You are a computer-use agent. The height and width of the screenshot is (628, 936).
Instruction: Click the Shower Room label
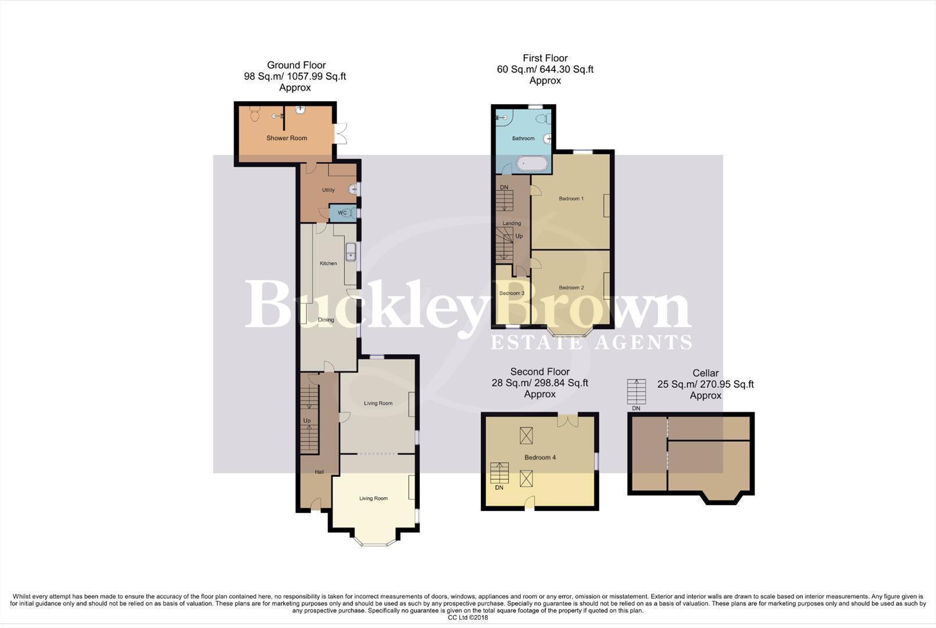287,138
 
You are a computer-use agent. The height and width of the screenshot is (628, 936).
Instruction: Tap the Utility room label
328,190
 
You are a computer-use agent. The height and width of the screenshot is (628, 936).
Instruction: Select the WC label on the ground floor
342,213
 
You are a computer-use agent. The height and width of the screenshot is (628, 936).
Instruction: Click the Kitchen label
328,263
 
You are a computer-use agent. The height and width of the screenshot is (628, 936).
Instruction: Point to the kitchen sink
351,252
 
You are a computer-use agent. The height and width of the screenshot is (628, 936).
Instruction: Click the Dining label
326,320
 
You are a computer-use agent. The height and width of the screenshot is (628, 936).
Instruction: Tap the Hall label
319,472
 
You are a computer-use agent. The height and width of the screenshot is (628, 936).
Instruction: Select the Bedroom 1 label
571,199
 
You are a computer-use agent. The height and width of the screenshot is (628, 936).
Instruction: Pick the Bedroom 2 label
571,288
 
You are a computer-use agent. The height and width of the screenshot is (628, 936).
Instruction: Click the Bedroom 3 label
512,294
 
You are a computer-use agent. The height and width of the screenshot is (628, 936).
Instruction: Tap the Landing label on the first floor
512,223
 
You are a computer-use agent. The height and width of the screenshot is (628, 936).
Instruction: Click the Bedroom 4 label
540,458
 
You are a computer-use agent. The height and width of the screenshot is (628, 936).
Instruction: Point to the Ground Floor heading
296,65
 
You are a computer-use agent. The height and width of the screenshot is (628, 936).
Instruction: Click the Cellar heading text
705,373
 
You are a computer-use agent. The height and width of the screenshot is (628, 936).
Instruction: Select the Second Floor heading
540,372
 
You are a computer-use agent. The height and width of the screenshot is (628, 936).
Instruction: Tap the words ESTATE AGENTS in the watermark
591,342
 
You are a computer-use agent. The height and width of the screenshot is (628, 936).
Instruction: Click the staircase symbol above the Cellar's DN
637,391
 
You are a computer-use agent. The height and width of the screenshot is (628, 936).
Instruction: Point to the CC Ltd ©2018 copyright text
468,618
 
